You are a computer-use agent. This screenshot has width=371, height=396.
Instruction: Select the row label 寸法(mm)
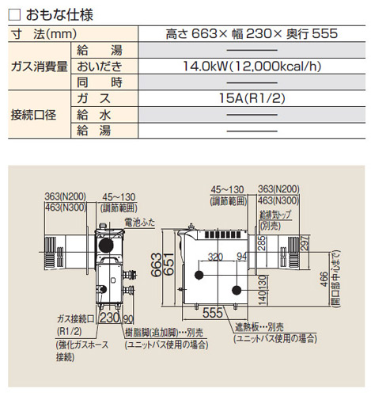tap(44, 34)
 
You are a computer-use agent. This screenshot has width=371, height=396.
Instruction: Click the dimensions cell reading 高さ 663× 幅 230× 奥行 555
tap(252, 34)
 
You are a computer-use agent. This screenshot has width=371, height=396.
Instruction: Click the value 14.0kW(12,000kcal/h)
tap(252, 66)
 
